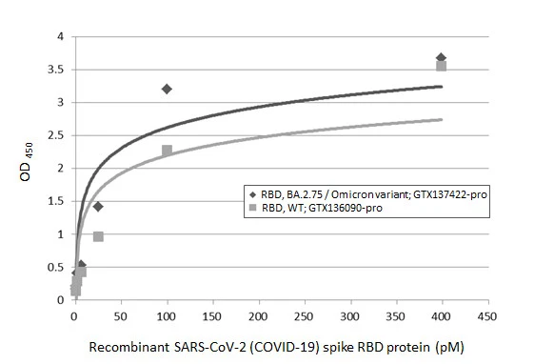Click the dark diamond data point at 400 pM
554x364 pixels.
click(441, 58)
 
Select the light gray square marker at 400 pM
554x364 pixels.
click(442, 66)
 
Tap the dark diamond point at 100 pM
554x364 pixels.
click(167, 89)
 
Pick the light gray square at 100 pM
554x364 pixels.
click(167, 151)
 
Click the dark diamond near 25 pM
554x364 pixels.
click(97, 206)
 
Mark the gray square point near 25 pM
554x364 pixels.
click(98, 236)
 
